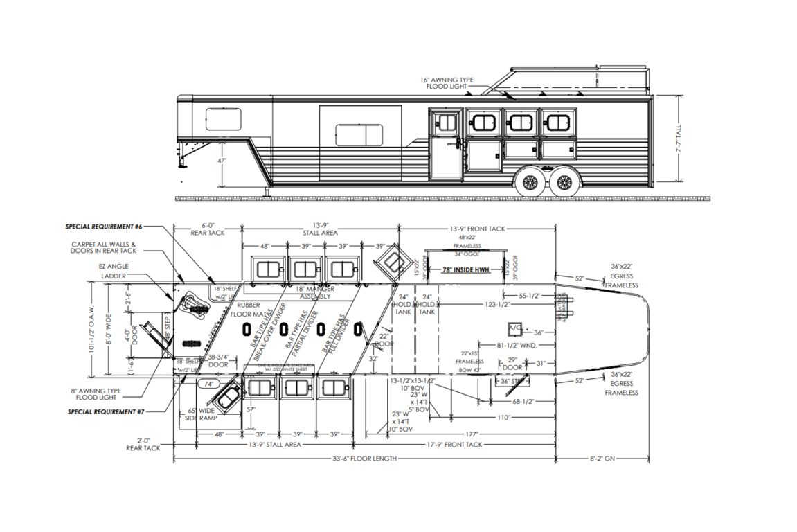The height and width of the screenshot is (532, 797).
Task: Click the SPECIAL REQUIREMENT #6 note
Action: click(x=104, y=227)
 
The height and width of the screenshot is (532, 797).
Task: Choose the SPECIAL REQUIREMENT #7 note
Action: click(x=104, y=411)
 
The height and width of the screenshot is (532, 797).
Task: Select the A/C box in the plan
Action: click(x=515, y=327)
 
